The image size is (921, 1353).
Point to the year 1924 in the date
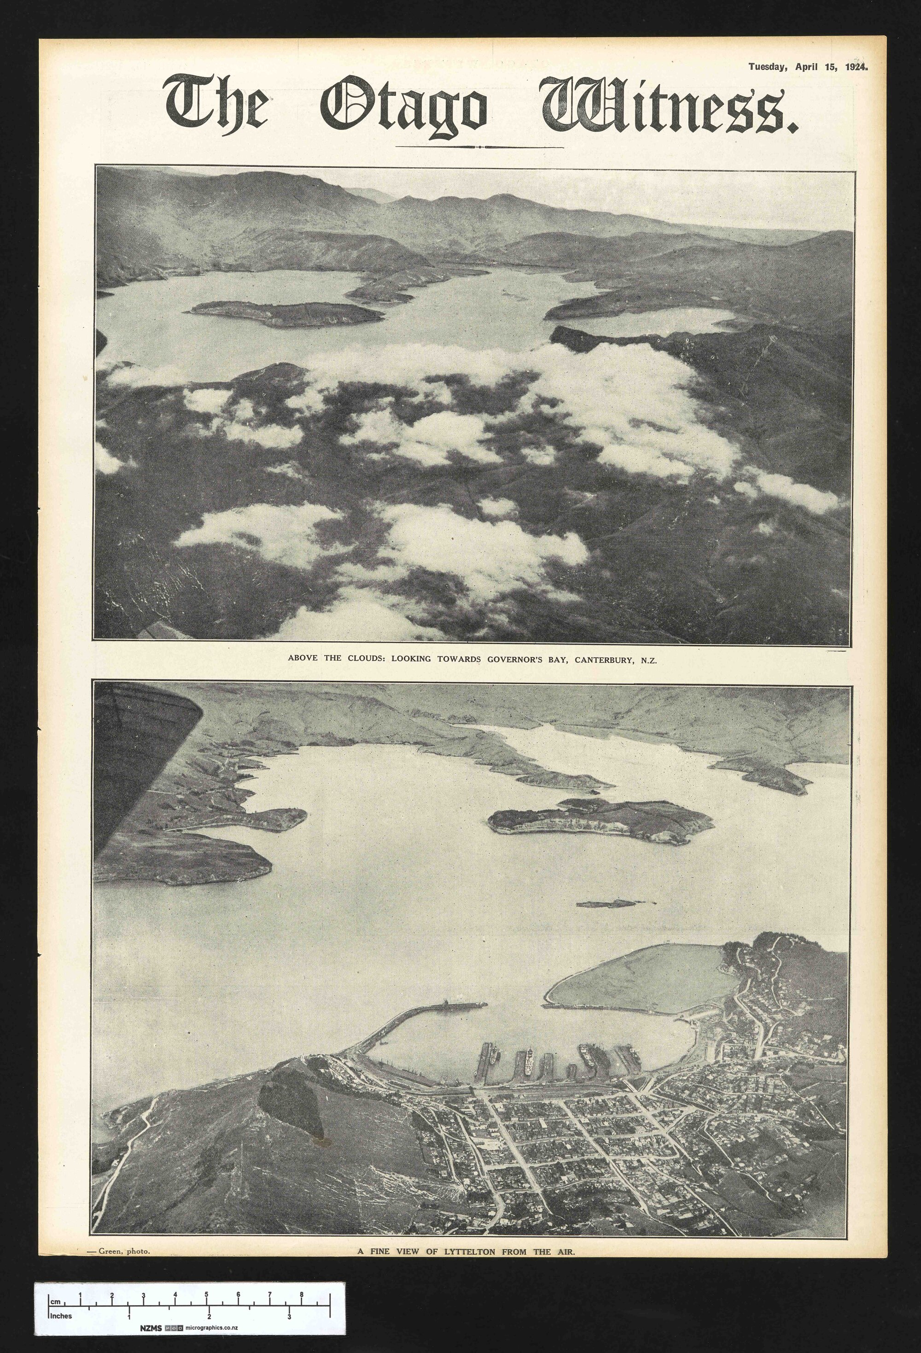(855, 67)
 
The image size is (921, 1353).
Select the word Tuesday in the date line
(767, 67)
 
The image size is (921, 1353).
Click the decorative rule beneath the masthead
(479, 147)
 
